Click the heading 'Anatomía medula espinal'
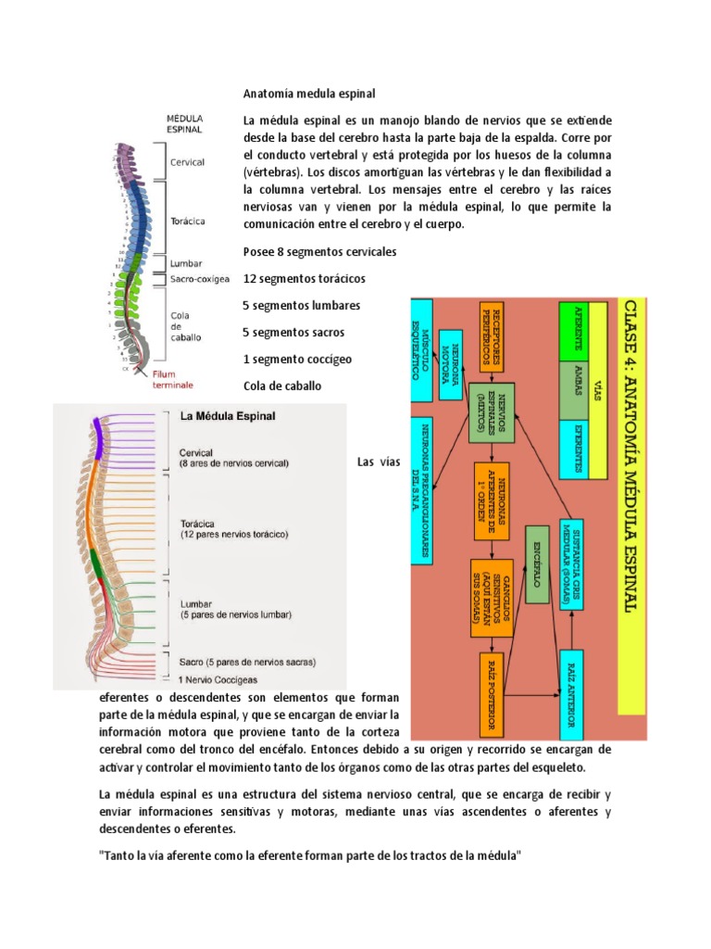310,94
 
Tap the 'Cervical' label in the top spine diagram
187,162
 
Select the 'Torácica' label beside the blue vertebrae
188,221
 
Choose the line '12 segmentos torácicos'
304,278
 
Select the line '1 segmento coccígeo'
297,359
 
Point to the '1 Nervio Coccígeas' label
219,678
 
